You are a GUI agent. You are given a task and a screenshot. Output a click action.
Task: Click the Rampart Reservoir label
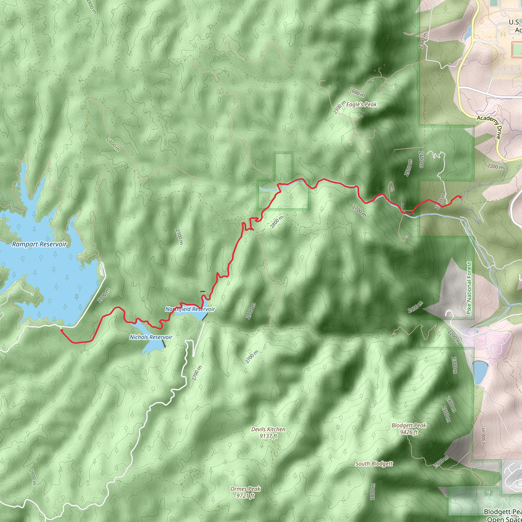pos(39,244)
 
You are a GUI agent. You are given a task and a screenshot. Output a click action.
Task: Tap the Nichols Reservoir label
pos(151,337)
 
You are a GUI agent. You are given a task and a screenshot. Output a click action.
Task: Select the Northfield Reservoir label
pos(190,309)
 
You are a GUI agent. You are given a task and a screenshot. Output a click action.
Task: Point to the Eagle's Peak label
pos(361,105)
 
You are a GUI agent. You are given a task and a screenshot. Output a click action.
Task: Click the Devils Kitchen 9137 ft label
pos(268,432)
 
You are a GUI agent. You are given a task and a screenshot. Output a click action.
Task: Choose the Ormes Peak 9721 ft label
pos(245,492)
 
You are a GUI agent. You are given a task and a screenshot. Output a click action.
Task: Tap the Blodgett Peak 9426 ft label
pos(409,428)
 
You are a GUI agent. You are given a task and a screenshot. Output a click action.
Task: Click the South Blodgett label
pos(374,464)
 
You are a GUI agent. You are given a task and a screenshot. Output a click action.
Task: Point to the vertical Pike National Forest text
pos(469,288)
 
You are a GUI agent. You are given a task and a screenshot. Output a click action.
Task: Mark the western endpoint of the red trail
pos(62,330)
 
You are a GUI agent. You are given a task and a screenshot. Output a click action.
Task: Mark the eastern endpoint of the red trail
pos(460,197)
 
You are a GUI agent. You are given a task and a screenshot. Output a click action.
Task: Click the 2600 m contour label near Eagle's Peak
pos(357,93)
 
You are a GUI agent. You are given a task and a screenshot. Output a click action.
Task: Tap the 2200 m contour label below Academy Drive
pos(495,167)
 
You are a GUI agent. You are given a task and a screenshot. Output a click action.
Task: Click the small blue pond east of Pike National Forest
pos(480,372)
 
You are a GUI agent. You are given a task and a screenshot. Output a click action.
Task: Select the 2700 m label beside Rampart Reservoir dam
pos(104,295)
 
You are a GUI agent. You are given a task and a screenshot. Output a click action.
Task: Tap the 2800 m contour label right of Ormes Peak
pos(372,491)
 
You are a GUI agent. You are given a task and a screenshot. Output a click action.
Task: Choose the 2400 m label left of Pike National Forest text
pos(415,307)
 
